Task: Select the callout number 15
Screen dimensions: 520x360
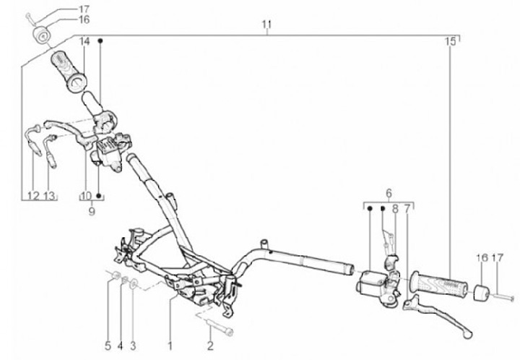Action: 451,41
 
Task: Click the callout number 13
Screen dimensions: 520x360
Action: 49,196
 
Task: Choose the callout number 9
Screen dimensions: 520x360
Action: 92,213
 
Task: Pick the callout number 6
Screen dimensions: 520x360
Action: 388,193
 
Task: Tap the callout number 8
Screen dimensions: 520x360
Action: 394,208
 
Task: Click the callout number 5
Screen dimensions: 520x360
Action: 108,344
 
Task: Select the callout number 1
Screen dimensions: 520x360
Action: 170,344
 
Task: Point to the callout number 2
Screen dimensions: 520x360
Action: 210,344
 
